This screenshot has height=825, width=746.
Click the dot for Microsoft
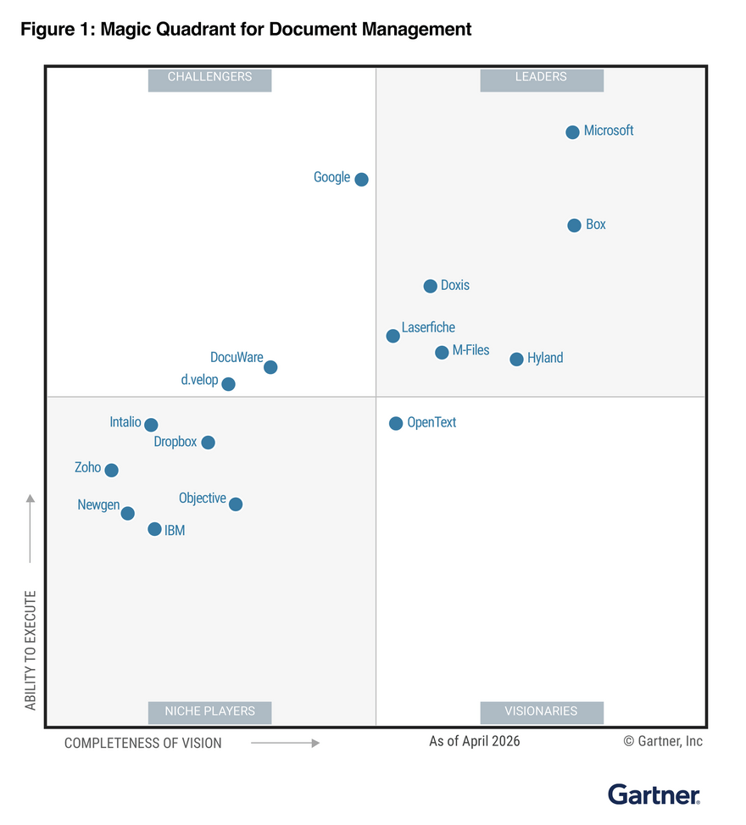(572, 132)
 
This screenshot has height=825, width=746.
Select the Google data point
(361, 179)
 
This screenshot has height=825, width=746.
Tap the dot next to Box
(574, 226)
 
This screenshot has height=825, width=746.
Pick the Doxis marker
(430, 286)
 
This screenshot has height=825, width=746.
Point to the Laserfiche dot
(392, 336)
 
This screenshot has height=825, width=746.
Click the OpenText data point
(396, 423)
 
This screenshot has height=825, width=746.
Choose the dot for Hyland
(516, 360)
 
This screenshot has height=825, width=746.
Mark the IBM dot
(154, 529)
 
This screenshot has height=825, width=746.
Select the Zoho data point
(111, 470)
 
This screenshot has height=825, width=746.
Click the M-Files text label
(470, 350)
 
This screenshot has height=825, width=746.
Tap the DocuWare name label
(237, 358)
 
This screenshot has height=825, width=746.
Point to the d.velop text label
(199, 380)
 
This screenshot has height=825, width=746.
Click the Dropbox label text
(175, 442)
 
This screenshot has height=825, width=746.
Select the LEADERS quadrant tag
(541, 77)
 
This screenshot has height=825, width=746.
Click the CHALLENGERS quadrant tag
(209, 77)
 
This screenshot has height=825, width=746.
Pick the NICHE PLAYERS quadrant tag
(209, 711)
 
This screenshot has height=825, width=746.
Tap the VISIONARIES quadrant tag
(541, 711)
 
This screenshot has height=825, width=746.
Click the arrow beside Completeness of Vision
(285, 744)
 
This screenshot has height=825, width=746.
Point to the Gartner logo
(654, 794)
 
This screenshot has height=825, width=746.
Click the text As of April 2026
(475, 742)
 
